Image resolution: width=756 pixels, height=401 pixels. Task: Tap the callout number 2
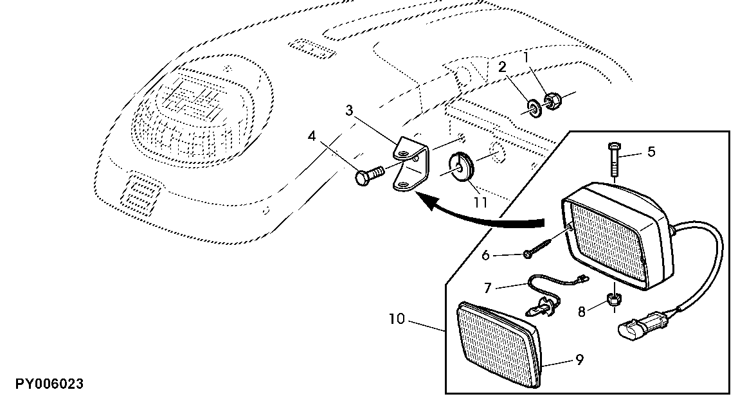tap(503, 67)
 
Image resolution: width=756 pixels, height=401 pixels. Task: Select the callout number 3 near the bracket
tap(348, 111)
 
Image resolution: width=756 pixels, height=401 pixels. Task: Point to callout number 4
tap(312, 136)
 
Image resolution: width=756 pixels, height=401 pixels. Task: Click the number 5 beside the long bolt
tap(651, 152)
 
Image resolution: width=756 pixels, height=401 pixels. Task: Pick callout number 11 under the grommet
tap(485, 255)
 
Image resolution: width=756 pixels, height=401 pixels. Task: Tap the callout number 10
tap(487, 288)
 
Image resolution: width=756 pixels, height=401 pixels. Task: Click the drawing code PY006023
tap(581, 312)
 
